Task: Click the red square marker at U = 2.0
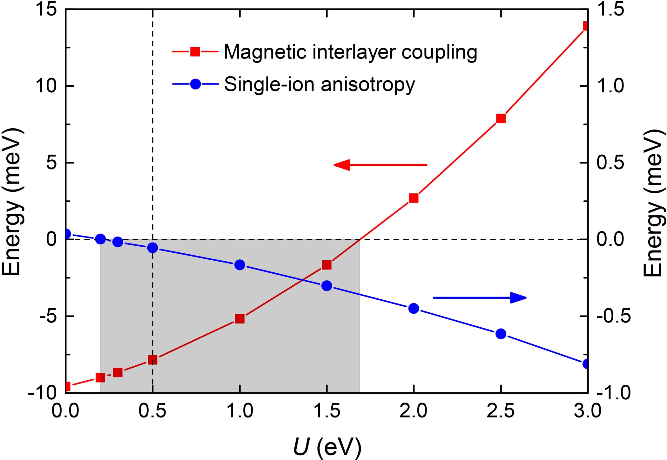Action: pos(414,198)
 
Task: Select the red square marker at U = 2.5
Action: pos(501,118)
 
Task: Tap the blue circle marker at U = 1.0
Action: pos(240,265)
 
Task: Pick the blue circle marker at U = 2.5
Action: pos(501,334)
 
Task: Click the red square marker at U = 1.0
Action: pos(240,319)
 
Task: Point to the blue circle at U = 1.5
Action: pos(327,286)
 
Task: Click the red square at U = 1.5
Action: pos(327,265)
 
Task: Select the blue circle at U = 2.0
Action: pos(414,308)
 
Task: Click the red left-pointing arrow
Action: pos(380,165)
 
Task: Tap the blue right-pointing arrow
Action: pos(480,297)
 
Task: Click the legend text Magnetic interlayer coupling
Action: pos(350,52)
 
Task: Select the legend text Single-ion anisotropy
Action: pos(320,84)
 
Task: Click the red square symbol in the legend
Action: pos(195,51)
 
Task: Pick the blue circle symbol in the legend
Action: pos(195,84)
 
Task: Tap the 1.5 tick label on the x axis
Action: pos(327,411)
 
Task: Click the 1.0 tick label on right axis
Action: pos(610,86)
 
